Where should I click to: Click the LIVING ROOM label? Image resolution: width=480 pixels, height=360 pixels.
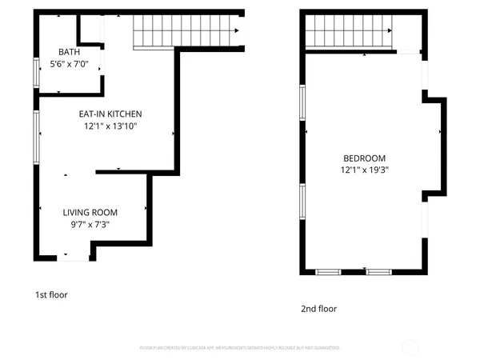(x=90, y=212)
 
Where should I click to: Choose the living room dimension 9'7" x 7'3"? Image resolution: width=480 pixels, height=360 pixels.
(x=90, y=224)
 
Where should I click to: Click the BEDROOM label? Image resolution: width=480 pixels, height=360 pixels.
(x=365, y=158)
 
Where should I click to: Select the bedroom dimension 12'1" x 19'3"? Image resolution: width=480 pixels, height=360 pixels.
(x=365, y=170)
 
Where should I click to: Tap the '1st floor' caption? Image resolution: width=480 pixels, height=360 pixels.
(x=51, y=294)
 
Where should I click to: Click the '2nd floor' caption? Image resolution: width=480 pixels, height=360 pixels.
(x=318, y=309)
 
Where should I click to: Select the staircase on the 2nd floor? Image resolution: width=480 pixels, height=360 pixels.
(x=350, y=32)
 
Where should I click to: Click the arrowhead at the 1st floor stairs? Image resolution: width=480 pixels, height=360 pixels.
(x=237, y=31)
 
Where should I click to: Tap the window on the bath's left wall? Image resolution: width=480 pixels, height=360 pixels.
(x=36, y=73)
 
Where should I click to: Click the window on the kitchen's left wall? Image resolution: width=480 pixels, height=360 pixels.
(x=36, y=137)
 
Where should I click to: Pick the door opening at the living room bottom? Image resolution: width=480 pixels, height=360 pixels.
(x=74, y=258)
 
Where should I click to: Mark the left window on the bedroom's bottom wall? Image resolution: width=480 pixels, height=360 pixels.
(x=328, y=272)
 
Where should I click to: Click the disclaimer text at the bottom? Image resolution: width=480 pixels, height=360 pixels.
(x=240, y=348)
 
